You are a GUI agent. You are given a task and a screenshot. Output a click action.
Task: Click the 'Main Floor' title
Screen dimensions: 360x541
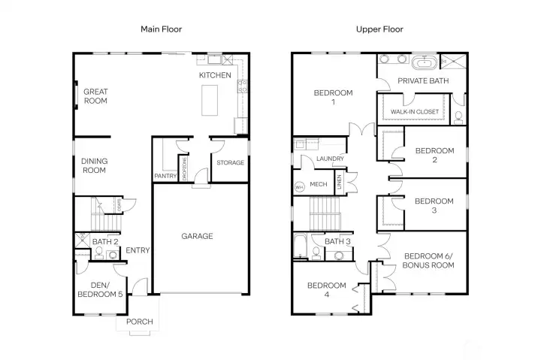pyautogui.click(x=162, y=29)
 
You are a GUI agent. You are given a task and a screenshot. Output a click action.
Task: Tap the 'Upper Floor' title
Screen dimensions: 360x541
pyautogui.click(x=379, y=29)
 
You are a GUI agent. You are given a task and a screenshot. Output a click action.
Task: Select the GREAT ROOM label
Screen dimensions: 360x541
pyautogui.click(x=95, y=96)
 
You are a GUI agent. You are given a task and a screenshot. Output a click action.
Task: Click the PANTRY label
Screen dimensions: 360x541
pyautogui.click(x=165, y=176)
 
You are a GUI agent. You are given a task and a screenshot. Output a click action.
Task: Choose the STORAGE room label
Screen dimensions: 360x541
pyautogui.click(x=230, y=162)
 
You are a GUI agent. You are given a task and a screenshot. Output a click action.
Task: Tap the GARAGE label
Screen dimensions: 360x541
pyautogui.click(x=197, y=236)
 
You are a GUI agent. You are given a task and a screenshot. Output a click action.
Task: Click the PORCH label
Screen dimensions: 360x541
pyautogui.click(x=139, y=322)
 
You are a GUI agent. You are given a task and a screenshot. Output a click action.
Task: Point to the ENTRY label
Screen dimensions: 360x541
pyautogui.click(x=138, y=251)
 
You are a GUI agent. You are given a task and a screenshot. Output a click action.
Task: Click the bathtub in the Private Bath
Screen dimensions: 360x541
pyautogui.click(x=422, y=62)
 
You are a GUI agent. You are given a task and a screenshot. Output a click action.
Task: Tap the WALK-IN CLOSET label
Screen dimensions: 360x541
pyautogui.click(x=414, y=112)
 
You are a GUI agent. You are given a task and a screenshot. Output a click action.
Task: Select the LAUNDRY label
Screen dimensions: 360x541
pyautogui.click(x=330, y=159)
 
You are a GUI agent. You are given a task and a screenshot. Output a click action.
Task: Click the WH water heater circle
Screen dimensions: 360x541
pyautogui.click(x=299, y=186)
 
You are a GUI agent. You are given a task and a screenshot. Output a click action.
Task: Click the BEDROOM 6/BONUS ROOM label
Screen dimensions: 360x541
pyautogui.click(x=428, y=261)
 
